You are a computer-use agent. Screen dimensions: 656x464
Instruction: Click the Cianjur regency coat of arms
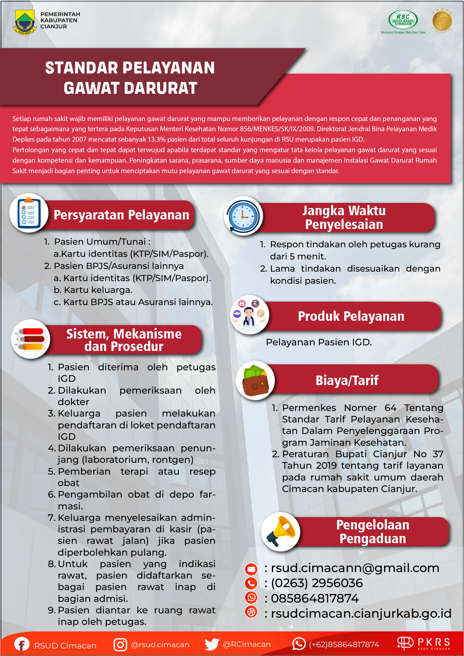coord(24,22)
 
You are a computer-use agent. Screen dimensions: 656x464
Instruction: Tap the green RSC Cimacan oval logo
coord(403,20)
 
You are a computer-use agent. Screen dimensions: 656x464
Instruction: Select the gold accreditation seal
coord(442,21)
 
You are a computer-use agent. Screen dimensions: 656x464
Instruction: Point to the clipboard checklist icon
coord(29,213)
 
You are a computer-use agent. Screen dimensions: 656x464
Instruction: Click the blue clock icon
coord(243,216)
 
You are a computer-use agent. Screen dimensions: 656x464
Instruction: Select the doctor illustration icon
coord(249,315)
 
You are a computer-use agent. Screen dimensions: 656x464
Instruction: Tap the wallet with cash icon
coord(255,380)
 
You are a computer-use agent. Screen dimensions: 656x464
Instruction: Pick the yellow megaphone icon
coord(281,531)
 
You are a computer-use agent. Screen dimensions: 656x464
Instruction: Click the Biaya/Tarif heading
coord(347,380)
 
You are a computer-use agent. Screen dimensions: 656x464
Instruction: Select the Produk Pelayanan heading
coord(351,316)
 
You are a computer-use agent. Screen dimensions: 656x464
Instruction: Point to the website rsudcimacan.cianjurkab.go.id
coord(361,613)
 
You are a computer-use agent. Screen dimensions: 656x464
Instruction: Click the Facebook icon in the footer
coord(22,645)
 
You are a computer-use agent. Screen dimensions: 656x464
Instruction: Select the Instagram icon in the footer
coord(120,645)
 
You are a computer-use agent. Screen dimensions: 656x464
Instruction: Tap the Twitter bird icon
coord(212,644)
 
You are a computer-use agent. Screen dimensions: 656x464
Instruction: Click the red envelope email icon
coord(252,569)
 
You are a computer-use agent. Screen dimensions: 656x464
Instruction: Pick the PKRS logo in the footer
coord(424,643)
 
